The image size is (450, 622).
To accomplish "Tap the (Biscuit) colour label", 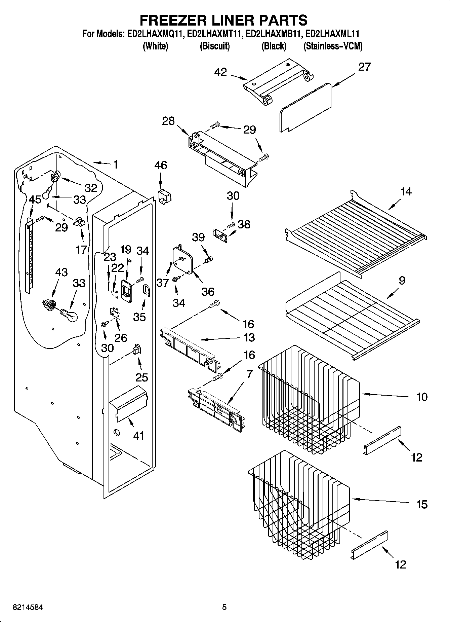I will [x=215, y=46].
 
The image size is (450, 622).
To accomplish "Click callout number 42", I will [x=220, y=72].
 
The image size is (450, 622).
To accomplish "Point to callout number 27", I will [x=364, y=67].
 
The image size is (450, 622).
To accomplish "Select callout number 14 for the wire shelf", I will [x=406, y=192].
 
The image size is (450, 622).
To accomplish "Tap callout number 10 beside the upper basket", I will [x=422, y=397].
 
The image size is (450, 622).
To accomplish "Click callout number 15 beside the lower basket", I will [x=422, y=504].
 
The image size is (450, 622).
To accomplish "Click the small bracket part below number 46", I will [x=165, y=196].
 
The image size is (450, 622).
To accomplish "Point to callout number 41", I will [x=138, y=436].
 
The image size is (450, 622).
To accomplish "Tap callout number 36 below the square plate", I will [x=208, y=291].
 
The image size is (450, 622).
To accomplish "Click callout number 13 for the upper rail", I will [x=249, y=337].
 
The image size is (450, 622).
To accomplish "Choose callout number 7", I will [x=249, y=374].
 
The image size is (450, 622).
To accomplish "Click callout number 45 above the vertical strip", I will [x=35, y=199].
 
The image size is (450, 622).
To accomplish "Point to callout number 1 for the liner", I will [x=116, y=164].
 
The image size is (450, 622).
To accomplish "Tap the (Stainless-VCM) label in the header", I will [x=333, y=46].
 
